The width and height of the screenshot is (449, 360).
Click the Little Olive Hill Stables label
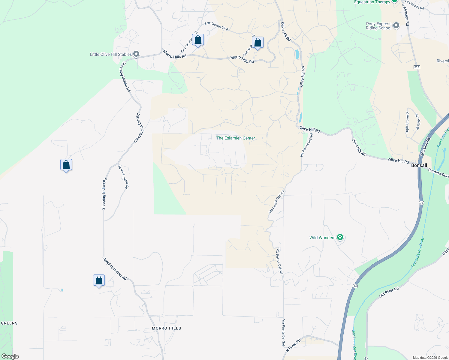(111, 54)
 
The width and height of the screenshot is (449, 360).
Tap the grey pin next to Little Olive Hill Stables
(136, 54)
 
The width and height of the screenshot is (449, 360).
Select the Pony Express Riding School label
(378, 26)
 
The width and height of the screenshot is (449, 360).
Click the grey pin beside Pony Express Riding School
(396, 25)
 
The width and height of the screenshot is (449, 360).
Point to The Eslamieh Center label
(236, 138)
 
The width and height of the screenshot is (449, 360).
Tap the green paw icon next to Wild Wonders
(340, 237)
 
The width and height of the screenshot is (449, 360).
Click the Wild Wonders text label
(322, 238)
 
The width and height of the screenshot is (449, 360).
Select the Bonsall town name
(419, 165)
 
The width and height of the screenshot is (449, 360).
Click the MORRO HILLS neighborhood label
(166, 328)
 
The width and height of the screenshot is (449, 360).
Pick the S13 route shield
(417, 67)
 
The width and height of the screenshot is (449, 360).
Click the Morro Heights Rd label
(123, 177)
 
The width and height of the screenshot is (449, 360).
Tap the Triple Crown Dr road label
(407, 122)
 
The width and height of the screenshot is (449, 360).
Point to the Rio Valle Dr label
(417, 122)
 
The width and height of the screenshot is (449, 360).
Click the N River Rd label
(293, 346)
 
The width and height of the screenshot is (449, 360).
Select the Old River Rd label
(389, 292)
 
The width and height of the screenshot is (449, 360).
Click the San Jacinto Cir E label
(216, 26)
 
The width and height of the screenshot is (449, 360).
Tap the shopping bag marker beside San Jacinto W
(198, 40)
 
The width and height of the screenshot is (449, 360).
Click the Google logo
(10, 356)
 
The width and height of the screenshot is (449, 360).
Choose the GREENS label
(9, 323)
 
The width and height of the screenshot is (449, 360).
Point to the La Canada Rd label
(414, 4)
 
